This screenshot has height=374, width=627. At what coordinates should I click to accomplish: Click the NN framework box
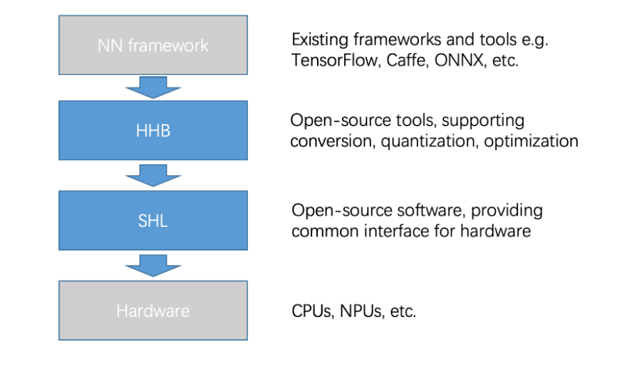click(153, 45)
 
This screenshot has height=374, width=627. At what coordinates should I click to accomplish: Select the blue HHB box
click(153, 130)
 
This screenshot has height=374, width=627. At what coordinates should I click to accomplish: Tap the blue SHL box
click(153, 221)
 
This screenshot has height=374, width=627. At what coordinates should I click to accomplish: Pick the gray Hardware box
click(153, 310)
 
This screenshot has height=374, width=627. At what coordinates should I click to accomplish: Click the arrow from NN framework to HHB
click(153, 87)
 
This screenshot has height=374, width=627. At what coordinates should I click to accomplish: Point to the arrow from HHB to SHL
click(153, 176)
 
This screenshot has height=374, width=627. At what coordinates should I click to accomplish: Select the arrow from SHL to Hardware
click(153, 266)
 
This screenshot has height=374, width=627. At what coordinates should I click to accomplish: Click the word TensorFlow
click(336, 61)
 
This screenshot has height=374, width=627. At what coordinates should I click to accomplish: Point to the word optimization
click(531, 141)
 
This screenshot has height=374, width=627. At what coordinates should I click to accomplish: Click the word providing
click(507, 211)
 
